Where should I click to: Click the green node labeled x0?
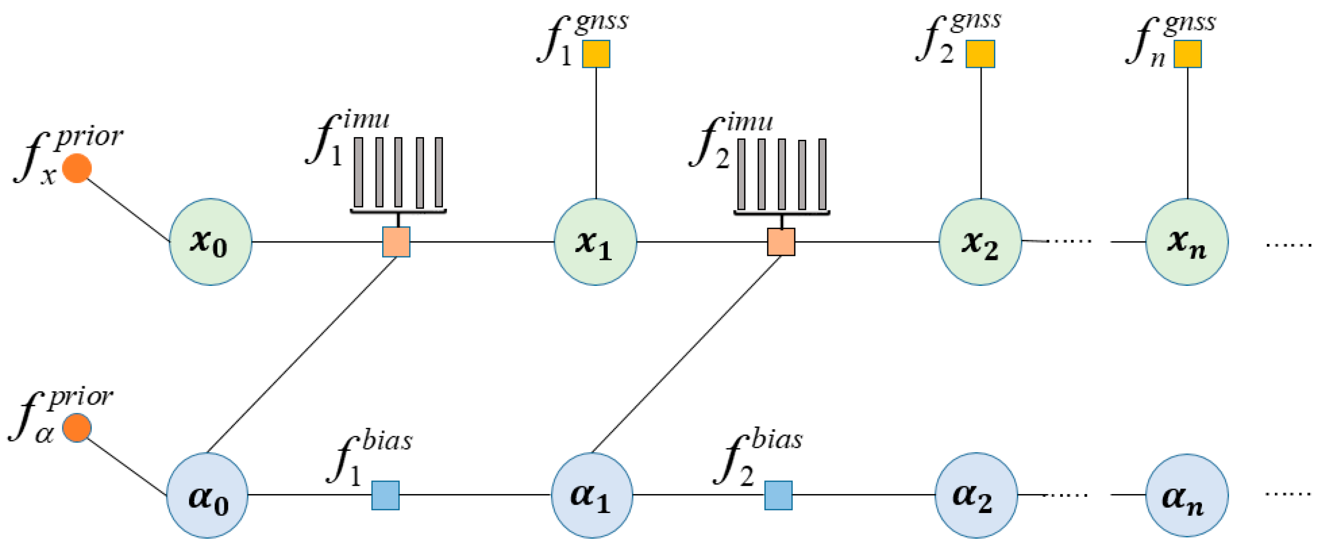click(x=210, y=241)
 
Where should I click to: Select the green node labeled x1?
click(x=595, y=241)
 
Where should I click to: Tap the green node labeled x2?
click(x=980, y=241)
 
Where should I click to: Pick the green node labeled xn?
click(x=1187, y=241)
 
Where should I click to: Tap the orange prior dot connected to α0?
click(x=77, y=427)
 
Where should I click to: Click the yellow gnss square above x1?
click(x=596, y=54)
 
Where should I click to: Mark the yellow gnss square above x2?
click(x=980, y=54)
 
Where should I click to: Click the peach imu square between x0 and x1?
click(x=396, y=241)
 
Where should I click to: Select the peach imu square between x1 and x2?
click(x=781, y=241)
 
